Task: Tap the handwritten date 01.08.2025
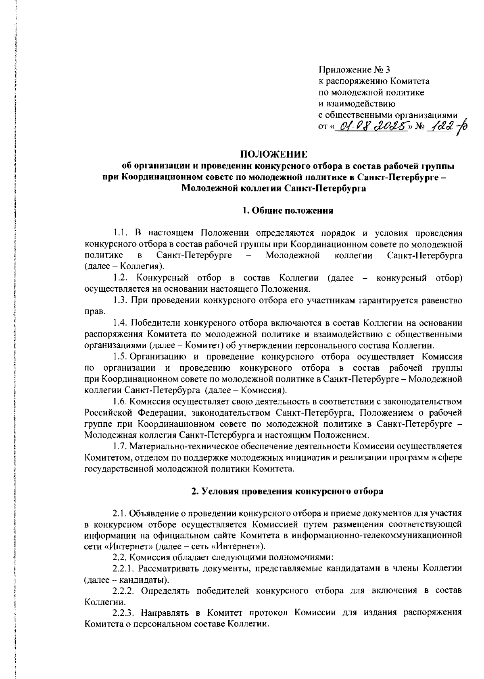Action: [371, 128]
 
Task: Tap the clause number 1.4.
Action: [121, 323]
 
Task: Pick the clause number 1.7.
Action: [121, 446]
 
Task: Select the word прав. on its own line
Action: [94, 311]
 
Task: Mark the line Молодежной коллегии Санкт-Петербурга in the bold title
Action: [274, 188]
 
